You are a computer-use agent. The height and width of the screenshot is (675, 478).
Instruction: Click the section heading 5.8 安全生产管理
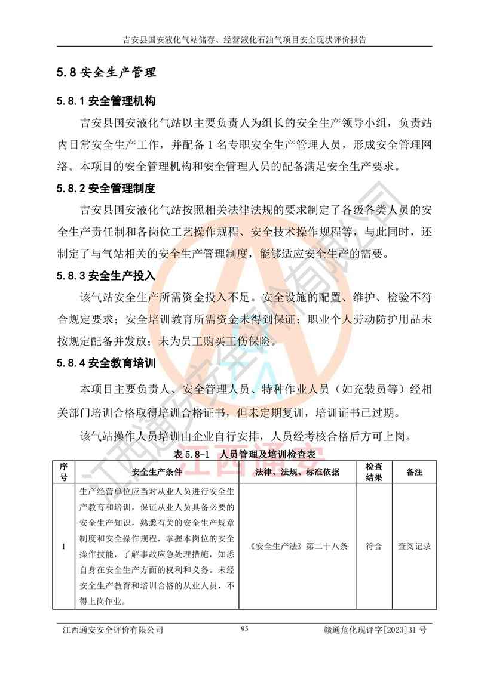pos(106,73)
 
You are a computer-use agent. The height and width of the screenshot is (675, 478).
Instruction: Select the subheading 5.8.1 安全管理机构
pos(106,101)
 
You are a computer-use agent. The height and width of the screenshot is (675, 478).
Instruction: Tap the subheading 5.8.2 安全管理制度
pos(106,189)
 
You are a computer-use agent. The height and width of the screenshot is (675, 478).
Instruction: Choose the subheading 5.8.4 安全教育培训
pos(106,363)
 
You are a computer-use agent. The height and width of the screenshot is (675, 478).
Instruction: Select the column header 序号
pos(64,471)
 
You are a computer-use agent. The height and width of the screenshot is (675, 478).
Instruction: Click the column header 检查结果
pos(374,471)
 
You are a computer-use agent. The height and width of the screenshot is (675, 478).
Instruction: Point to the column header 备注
pos(414,471)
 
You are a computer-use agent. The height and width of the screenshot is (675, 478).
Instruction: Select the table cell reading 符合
pos(374,546)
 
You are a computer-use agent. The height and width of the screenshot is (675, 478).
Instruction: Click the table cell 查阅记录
pos(414,546)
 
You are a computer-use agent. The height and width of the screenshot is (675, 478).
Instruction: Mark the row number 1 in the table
pos(64,546)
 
